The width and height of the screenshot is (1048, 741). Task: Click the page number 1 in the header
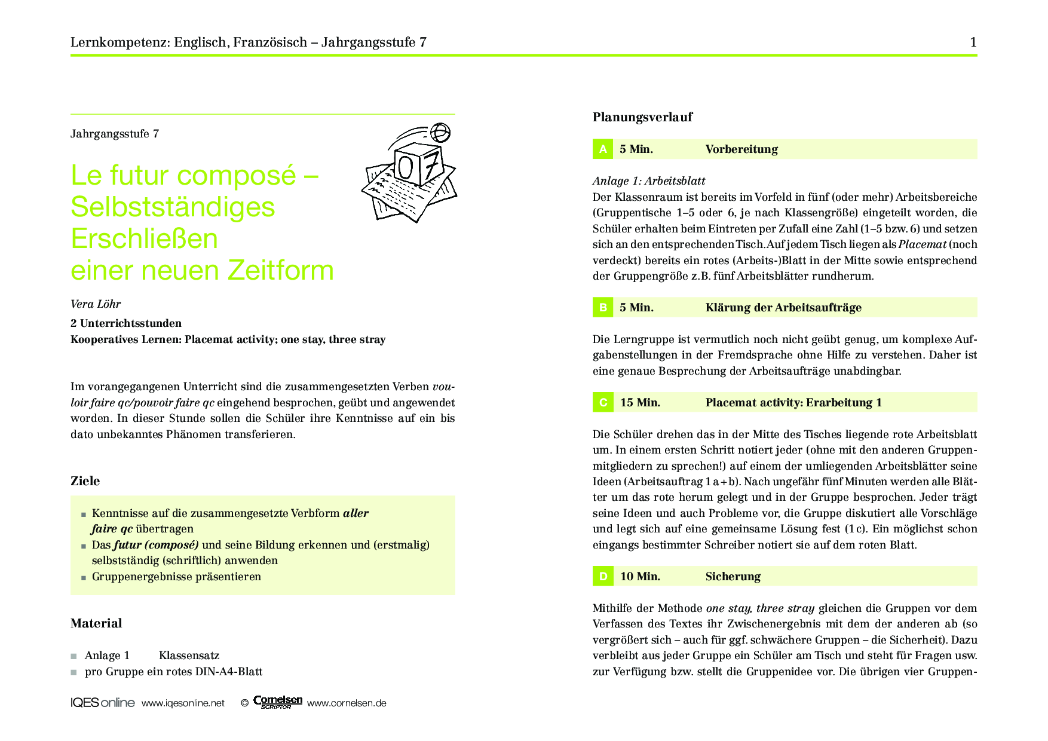coord(973,42)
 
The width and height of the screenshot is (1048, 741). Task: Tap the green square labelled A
coord(603,149)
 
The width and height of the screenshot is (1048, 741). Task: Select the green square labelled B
coord(603,308)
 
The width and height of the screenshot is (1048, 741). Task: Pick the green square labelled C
coord(603,403)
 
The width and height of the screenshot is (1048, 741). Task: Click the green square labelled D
coord(603,577)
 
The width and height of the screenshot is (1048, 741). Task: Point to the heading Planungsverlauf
coord(642,117)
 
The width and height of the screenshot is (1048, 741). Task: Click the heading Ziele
coord(85,481)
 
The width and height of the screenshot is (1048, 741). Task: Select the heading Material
coord(96,623)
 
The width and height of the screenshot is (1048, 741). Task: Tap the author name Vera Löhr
coord(96,304)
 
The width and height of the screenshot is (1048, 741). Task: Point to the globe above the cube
coord(440,132)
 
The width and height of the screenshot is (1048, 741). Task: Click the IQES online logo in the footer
coord(102,703)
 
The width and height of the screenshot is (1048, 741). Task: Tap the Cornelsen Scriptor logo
coord(278,702)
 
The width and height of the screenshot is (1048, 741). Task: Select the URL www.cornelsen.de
coord(347,703)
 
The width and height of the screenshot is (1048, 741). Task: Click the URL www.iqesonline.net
coord(183,703)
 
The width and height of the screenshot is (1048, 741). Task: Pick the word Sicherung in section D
coord(733,577)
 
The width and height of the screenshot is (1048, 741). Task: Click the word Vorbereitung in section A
coord(741,149)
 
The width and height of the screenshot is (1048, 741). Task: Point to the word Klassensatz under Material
coord(189,656)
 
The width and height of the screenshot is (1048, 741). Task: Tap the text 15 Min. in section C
coord(640,403)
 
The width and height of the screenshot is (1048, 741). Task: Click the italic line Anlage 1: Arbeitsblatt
coord(649,181)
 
